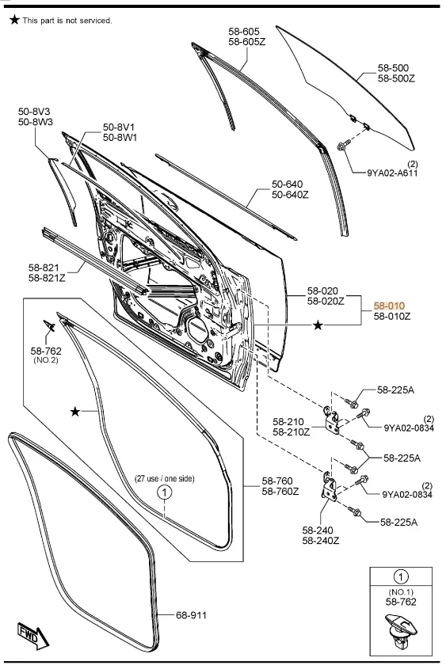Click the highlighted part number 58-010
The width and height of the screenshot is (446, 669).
click(x=389, y=305)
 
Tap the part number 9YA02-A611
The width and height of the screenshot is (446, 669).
click(x=392, y=173)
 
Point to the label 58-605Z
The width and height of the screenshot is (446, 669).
click(x=247, y=41)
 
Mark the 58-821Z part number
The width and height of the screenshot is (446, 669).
click(x=47, y=277)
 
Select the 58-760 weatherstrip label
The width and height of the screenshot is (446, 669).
click(x=280, y=481)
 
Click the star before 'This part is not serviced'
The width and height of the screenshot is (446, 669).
click(x=13, y=20)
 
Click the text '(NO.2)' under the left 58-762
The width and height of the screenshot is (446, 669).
click(x=46, y=359)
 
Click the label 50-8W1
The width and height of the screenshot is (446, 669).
click(x=120, y=137)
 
